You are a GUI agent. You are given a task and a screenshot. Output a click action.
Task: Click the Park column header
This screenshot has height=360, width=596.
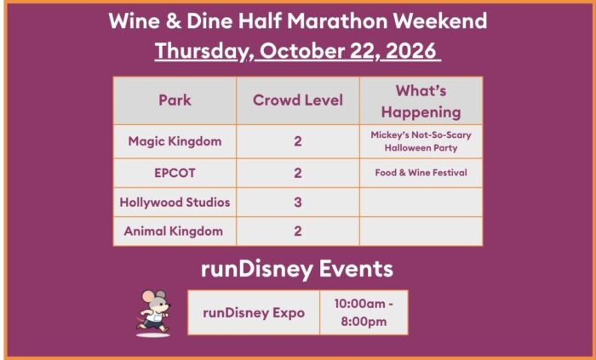[175, 100]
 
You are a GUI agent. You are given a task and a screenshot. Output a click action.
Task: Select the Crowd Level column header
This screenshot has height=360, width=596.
[298, 100]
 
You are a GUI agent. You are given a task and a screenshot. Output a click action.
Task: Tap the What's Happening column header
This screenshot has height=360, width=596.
[421, 101]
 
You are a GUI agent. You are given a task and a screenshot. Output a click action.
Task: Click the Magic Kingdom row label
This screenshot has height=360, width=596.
[175, 141]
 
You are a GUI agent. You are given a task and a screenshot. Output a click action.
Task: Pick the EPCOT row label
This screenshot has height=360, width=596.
[175, 173]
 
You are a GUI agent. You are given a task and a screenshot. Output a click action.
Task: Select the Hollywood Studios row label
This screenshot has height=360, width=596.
[175, 202]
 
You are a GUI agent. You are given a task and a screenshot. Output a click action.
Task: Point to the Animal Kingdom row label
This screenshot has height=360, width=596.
[174, 231]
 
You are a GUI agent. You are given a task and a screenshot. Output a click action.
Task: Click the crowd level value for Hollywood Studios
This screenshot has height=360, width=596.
[298, 202]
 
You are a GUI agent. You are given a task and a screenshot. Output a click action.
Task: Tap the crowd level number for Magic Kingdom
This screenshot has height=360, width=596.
[298, 141]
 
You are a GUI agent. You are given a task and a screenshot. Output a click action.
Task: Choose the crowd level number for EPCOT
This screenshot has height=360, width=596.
[298, 173]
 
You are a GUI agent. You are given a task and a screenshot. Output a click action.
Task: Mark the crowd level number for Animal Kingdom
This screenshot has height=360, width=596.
[298, 231]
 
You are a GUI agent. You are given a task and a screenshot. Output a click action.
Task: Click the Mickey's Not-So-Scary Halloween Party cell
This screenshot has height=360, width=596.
[421, 141]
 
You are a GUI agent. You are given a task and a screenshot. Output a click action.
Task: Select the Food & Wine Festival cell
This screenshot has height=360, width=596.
[421, 173]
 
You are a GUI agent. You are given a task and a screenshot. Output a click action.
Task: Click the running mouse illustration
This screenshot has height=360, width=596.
[154, 313]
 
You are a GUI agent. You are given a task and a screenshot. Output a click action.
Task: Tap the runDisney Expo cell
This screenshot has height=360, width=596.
[254, 313]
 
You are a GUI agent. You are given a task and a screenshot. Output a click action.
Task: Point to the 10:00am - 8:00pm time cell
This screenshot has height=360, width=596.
[364, 312]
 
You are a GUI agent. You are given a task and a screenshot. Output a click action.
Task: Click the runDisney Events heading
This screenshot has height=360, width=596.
[297, 269]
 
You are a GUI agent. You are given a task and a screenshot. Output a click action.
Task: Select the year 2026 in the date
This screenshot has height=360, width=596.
[411, 50]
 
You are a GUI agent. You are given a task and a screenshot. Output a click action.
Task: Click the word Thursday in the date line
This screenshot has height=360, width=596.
[202, 51]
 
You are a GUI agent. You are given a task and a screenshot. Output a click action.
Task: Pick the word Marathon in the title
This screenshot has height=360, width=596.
[337, 20]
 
